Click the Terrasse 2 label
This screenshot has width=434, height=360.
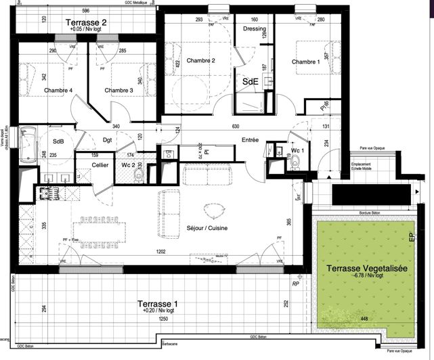(86, 22)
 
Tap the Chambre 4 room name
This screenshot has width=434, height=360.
(58, 90)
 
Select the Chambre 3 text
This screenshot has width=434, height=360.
(118, 90)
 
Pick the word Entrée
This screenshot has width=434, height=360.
(250, 140)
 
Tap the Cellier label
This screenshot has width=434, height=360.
(100, 164)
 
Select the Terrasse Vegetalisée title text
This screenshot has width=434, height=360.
(367, 269)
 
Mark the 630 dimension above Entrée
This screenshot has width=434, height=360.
(236, 127)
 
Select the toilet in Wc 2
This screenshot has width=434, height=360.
(139, 175)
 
